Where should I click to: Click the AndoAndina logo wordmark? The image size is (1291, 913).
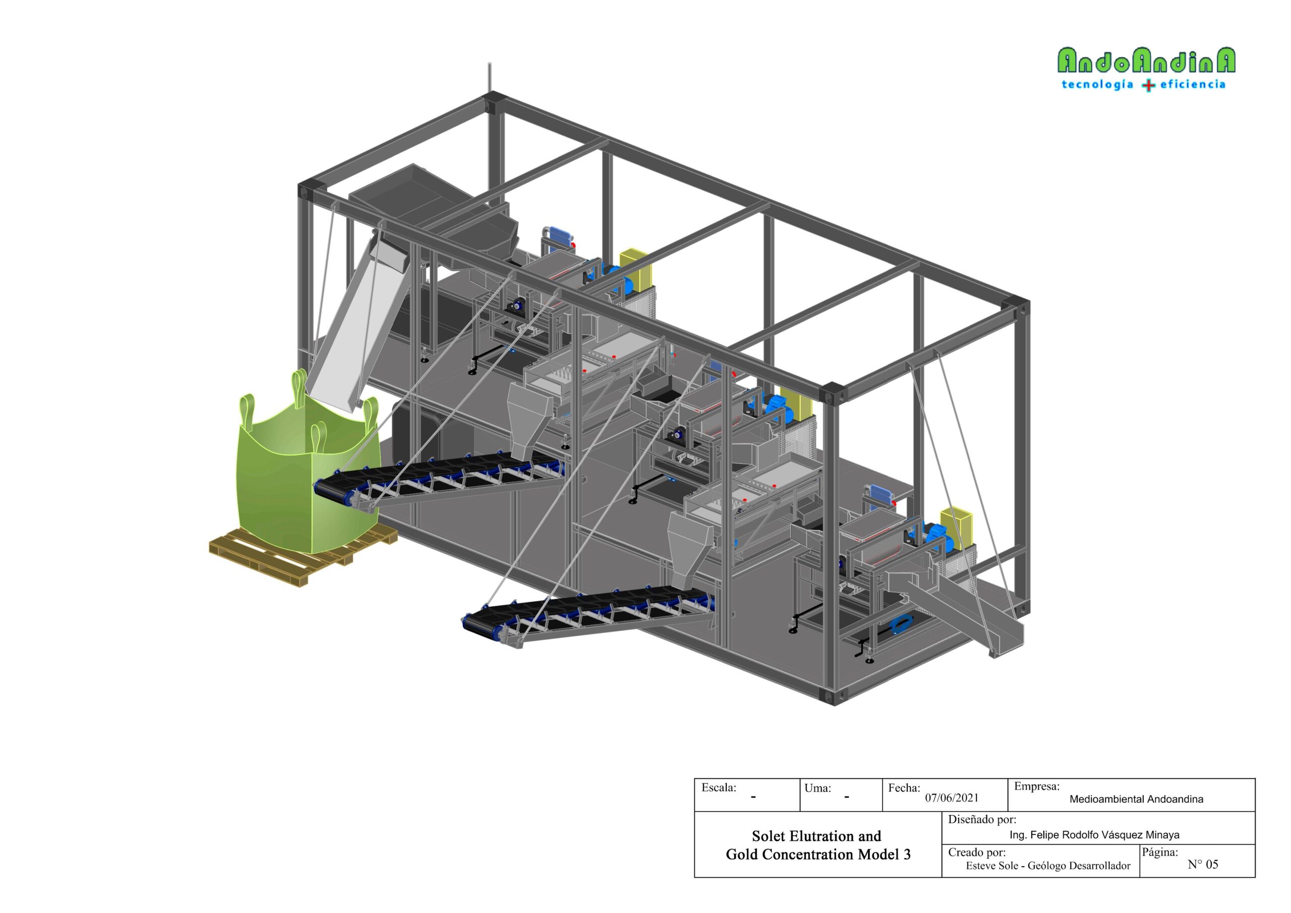click(x=1146, y=61)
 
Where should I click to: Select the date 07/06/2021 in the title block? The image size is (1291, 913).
click(x=952, y=797)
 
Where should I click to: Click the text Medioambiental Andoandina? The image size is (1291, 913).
click(x=1136, y=799)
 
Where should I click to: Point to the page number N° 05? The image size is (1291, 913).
click(x=1203, y=864)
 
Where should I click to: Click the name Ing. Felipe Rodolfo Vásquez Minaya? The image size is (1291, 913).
click(x=1094, y=835)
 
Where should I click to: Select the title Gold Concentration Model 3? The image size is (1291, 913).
click(x=818, y=854)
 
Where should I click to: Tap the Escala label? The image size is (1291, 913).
click(x=719, y=787)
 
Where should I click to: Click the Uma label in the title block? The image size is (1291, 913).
click(x=817, y=788)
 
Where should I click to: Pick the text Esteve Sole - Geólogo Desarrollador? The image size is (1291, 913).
click(x=1048, y=866)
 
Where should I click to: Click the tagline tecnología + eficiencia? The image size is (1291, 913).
click(x=1143, y=85)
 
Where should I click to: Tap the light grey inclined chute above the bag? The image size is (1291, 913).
click(x=361, y=323)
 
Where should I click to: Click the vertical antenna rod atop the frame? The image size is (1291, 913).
click(x=489, y=78)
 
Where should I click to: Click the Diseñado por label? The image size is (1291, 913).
click(x=982, y=820)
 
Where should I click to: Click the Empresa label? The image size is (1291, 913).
click(x=1037, y=786)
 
